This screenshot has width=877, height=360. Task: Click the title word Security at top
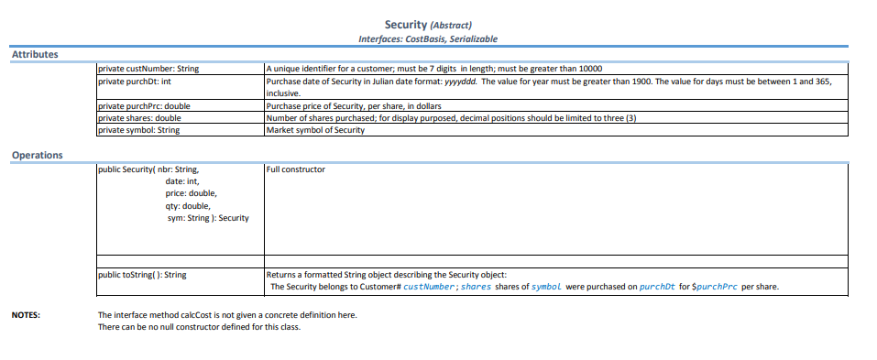[x=404, y=25]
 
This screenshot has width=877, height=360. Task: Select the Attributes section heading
[x=34, y=55]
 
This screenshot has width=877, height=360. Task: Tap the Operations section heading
[x=37, y=155]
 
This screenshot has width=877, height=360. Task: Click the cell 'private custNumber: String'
[x=148, y=69]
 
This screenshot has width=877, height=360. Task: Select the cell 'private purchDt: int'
[x=135, y=81]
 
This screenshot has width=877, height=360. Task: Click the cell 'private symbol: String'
[x=138, y=130]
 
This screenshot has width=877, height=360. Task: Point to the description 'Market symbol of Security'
[x=314, y=130]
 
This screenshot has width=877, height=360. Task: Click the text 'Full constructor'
[x=295, y=169]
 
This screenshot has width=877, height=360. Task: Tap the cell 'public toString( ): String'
[x=142, y=274]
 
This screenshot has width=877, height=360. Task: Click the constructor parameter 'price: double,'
[x=192, y=193]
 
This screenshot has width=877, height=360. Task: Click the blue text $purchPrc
[x=714, y=287]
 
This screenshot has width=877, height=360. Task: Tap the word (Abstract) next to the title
[x=451, y=26]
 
